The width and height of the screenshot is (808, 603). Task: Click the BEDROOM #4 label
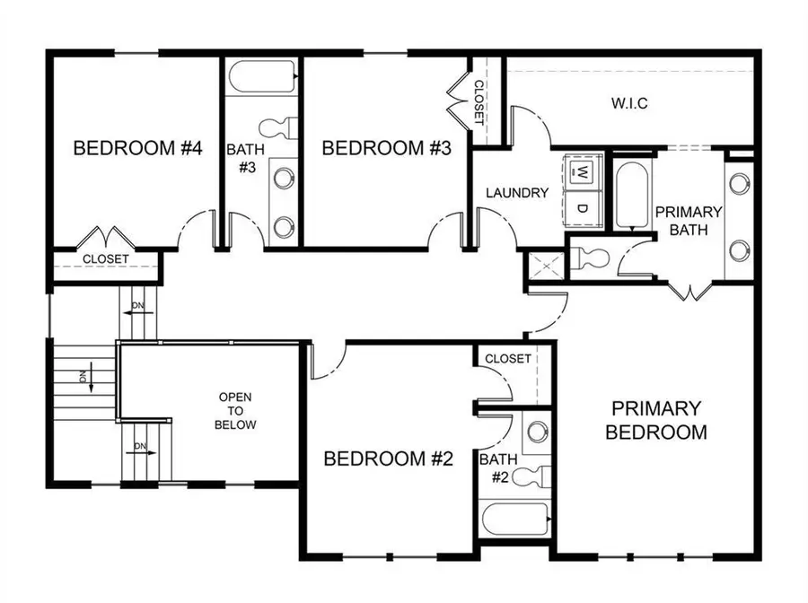[x=136, y=148]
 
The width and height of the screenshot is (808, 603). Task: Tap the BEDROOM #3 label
[x=385, y=148]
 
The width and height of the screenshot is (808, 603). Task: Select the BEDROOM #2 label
[x=388, y=459]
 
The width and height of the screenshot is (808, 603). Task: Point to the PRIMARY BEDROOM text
[x=655, y=420]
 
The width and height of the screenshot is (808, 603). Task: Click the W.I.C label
[x=629, y=103]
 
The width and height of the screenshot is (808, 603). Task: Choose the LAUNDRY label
[x=516, y=192]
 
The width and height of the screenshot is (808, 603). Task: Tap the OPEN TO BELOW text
[x=237, y=411]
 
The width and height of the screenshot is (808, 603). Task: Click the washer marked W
[x=582, y=170]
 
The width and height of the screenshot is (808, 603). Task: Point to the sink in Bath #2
[x=537, y=432]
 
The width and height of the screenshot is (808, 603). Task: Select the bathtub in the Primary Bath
[x=628, y=194]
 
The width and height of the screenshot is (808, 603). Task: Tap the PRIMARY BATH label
[x=688, y=221]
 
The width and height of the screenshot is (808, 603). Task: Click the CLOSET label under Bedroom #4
[x=106, y=259]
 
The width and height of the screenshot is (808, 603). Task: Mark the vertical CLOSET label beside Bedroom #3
[x=479, y=101]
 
